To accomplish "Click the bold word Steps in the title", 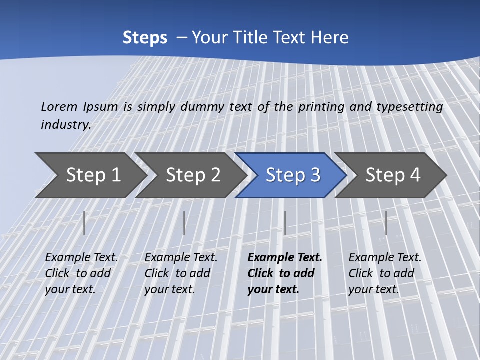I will (x=145, y=38).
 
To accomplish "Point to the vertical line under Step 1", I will (x=84, y=223).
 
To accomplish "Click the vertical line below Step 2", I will (x=184, y=223).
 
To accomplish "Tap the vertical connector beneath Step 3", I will (x=285, y=223).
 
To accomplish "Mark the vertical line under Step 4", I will (x=386, y=223).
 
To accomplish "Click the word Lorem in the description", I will (x=59, y=107).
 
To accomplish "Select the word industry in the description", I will (x=66, y=124).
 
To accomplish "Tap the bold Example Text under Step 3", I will (x=285, y=258).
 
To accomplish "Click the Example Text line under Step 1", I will (x=81, y=258).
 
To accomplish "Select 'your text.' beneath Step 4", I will (x=373, y=289).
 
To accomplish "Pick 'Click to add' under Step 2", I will (x=177, y=273).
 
